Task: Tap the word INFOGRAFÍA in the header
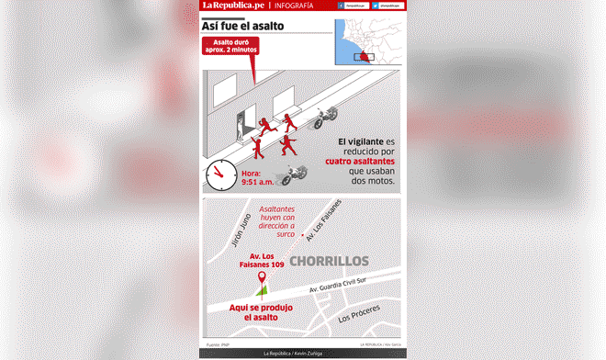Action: [292, 8]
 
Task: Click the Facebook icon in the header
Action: [342, 8]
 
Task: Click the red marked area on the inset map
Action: [366, 57]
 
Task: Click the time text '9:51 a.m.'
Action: [252, 183]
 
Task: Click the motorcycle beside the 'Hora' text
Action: [292, 174]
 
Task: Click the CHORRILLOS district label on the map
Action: [329, 262]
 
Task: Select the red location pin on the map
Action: [262, 276]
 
